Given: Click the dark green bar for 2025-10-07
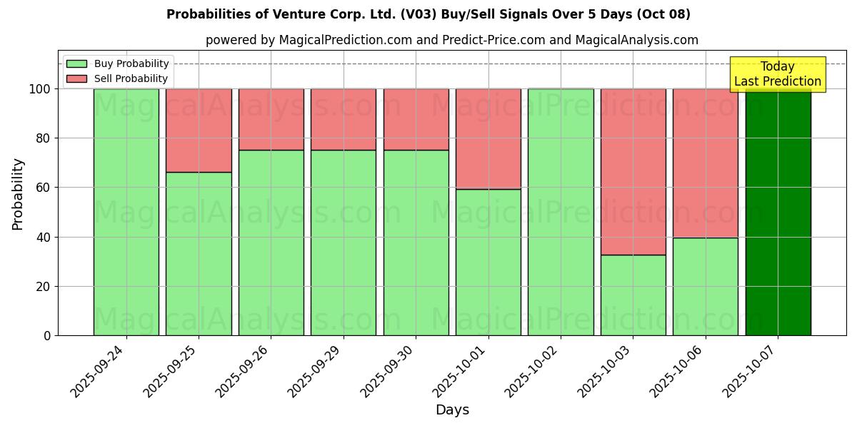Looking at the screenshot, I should (x=778, y=214).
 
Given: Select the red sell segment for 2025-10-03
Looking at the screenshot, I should (x=633, y=171).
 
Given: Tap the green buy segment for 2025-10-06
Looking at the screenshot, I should (x=705, y=286).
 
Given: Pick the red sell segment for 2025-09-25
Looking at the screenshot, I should (x=199, y=130).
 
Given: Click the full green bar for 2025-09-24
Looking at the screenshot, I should (x=126, y=212).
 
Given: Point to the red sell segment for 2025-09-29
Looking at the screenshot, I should (x=344, y=119).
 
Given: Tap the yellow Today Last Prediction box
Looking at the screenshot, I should (x=778, y=74).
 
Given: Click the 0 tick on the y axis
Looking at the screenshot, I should (x=47, y=335).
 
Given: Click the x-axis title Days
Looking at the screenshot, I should (x=452, y=410).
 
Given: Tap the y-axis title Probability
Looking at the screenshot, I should (x=18, y=194).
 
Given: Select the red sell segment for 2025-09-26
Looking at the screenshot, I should (x=271, y=119).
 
